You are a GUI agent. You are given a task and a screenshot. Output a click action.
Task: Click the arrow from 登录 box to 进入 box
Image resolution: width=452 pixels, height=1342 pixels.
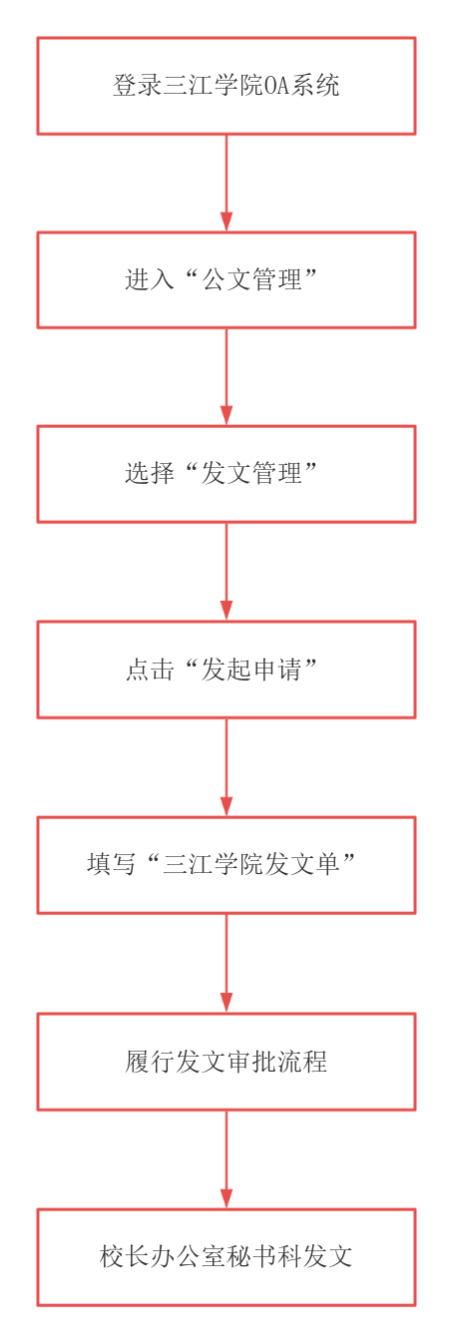(226, 183)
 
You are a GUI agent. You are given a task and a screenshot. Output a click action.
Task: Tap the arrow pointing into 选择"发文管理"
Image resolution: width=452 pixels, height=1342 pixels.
(226, 377)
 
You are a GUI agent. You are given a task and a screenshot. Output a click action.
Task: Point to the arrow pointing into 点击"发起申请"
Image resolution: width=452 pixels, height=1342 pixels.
(226, 572)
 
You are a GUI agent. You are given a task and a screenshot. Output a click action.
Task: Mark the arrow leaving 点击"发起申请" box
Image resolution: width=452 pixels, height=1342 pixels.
(226, 767)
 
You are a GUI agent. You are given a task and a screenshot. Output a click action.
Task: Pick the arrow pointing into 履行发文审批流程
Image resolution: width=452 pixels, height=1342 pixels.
(226, 964)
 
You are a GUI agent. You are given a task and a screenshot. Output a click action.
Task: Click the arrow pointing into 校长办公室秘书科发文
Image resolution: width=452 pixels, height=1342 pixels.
(226, 1159)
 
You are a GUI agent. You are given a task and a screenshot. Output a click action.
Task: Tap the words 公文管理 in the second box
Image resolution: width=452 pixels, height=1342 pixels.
(251, 279)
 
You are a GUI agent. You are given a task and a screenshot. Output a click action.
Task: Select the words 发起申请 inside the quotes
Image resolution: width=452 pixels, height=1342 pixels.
(251, 670)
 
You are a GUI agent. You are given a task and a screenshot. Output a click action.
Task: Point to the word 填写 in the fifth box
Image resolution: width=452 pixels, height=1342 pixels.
(112, 864)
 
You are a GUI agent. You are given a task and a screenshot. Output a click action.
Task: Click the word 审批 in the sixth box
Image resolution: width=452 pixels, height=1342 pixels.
(251, 1061)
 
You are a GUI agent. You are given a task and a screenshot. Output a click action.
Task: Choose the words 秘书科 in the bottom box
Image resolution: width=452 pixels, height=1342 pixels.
(263, 1256)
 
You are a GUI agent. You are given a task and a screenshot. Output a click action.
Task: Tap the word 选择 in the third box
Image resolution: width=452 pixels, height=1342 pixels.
(150, 474)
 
